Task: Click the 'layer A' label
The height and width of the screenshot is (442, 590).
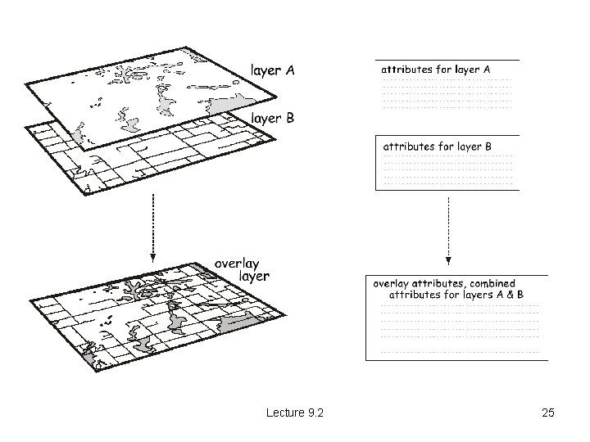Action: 272,70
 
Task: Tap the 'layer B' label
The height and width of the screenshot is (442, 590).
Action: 272,118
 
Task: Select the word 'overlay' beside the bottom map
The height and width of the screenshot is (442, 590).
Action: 237,264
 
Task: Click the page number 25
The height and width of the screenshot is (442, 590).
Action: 548,413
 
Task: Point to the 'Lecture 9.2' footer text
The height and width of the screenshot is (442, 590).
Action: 295,413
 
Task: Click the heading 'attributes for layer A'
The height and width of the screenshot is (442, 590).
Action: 436,70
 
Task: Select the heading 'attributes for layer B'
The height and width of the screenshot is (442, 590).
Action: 438,147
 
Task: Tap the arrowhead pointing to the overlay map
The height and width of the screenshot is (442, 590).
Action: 152,258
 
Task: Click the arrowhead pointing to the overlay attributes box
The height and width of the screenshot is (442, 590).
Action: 448,261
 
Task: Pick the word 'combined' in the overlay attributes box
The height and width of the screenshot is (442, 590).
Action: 492,283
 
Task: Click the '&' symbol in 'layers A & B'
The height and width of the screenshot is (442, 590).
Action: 510,295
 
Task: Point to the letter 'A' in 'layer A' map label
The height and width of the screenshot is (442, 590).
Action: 290,70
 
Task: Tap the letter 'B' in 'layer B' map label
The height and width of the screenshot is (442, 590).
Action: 290,118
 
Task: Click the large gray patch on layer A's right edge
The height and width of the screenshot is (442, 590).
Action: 228,105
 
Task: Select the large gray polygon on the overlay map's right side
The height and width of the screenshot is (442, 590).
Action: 237,322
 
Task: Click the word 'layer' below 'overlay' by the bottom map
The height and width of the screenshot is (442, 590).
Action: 254,277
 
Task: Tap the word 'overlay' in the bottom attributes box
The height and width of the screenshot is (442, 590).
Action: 390,284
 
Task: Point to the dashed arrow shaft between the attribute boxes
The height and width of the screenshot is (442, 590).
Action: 448,228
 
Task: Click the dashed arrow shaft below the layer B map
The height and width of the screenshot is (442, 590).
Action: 152,224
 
